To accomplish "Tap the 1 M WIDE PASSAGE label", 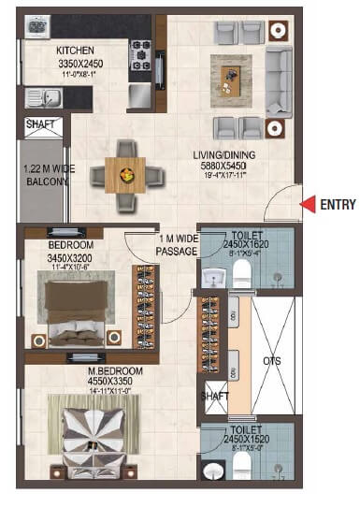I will tap(178, 245).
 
